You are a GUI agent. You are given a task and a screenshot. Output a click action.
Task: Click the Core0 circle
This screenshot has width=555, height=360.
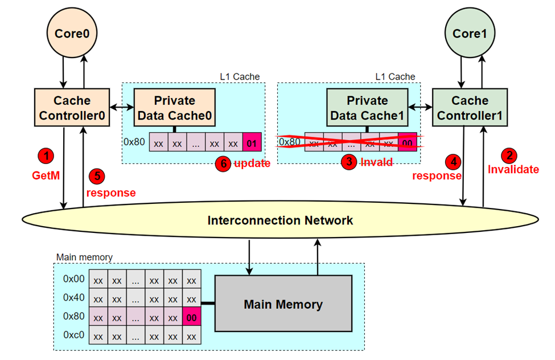[72, 34]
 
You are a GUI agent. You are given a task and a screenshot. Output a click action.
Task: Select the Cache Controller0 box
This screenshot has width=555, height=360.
[72, 108]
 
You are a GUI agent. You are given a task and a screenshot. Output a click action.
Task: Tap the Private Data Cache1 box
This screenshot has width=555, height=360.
[367, 108]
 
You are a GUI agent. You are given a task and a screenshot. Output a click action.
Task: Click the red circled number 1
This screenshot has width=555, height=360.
[45, 155]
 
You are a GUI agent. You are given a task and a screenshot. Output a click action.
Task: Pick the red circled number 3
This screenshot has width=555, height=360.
[348, 162]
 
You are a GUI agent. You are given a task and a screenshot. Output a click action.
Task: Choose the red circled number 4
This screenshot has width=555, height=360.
[453, 161]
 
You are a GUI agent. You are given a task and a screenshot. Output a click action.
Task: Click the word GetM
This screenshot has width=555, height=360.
[46, 176]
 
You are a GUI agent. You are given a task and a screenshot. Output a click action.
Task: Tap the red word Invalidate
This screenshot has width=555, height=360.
[513, 169]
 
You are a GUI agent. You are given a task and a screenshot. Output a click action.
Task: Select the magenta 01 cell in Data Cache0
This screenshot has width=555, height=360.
[251, 142]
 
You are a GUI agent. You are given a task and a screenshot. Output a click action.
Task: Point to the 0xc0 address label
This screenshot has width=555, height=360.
[73, 336]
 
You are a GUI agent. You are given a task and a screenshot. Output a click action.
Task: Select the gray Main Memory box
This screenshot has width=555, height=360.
[283, 304]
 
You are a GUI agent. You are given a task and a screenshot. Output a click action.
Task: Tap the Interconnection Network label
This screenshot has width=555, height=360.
[280, 220]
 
